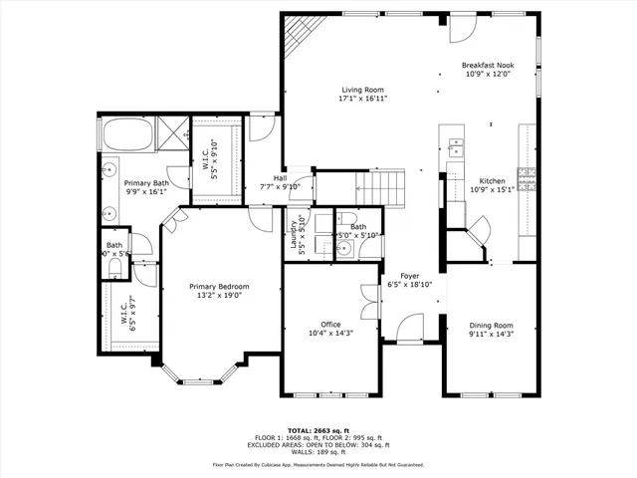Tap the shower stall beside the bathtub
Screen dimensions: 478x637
pos(172,131)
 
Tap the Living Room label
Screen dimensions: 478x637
pos(361,90)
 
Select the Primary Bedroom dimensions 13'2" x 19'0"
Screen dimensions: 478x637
pos(219,296)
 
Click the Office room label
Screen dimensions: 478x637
pos(330,324)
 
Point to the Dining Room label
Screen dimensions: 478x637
pos(491,325)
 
